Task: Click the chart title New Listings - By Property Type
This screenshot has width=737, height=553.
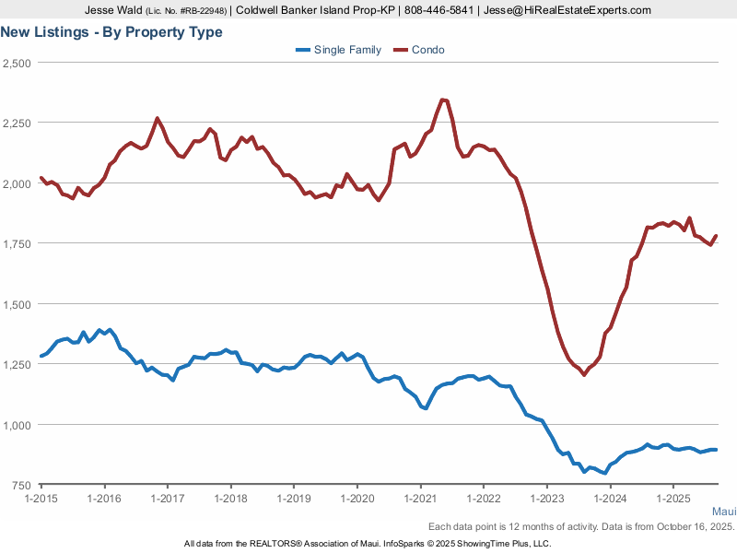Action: tap(111, 32)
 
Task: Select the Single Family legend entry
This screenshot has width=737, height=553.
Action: tap(347, 50)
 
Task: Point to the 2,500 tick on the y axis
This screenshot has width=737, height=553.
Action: tap(18, 63)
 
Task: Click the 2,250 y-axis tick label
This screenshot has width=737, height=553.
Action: tap(18, 123)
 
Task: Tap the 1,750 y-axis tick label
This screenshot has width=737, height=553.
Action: tap(18, 243)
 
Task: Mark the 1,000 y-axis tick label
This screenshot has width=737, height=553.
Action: tap(18, 425)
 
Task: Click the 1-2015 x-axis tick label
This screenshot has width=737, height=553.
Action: tap(41, 499)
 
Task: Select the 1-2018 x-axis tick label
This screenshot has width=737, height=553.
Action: tap(230, 499)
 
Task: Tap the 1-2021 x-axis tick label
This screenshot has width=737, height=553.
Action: tap(420, 499)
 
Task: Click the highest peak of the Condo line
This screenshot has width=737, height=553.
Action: tap(443, 100)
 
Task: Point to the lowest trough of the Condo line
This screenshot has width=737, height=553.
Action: tap(584, 374)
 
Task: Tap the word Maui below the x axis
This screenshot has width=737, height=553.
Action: tap(723, 511)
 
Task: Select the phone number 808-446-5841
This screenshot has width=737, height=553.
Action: tap(511, 10)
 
